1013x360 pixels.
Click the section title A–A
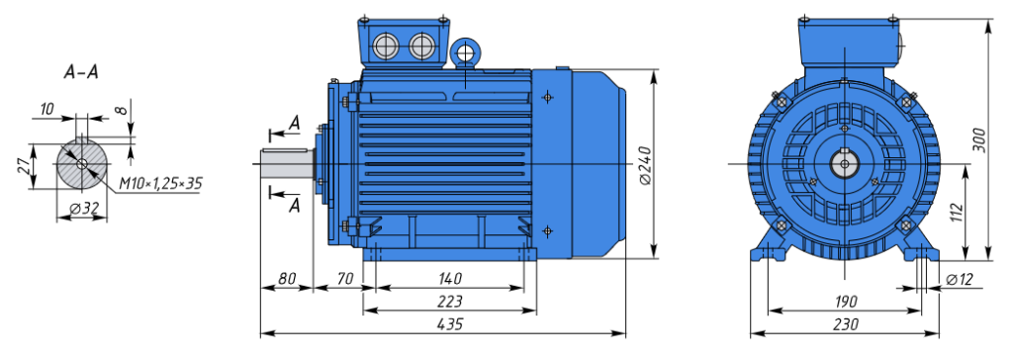tap(81, 72)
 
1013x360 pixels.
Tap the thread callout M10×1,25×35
tap(160, 184)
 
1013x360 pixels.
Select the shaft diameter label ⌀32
tap(84, 209)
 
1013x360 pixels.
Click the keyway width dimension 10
tap(46, 109)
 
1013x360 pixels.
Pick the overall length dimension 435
tap(450, 323)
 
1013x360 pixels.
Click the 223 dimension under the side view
tap(450, 302)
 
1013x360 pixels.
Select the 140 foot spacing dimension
tap(450, 279)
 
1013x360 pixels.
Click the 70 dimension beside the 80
tap(345, 279)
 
